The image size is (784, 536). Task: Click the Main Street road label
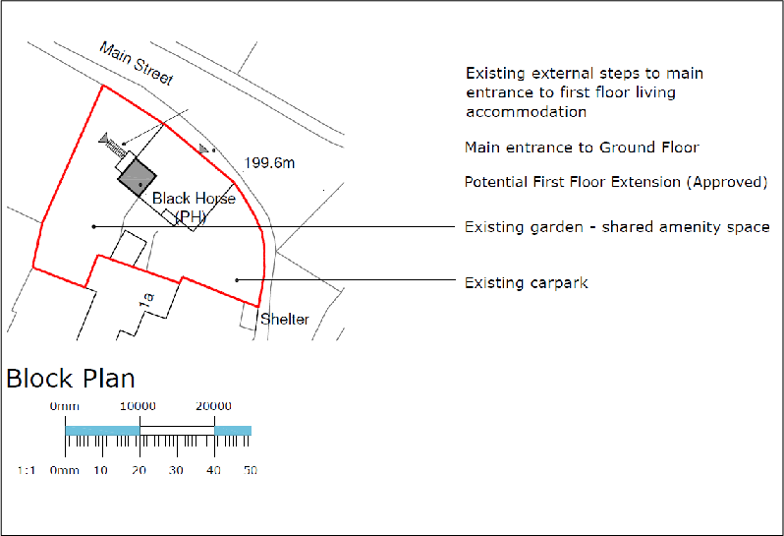pyautogui.click(x=137, y=63)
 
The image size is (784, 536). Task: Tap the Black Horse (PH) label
pyautogui.click(x=194, y=207)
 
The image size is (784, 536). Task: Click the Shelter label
pyautogui.click(x=285, y=320)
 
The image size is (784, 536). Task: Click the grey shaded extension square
pyautogui.click(x=138, y=177)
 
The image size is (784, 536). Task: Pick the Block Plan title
pyautogui.click(x=71, y=379)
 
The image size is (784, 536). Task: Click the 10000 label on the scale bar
pyautogui.click(x=138, y=406)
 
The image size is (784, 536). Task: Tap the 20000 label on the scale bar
pyautogui.click(x=213, y=406)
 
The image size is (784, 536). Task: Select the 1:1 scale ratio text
pyautogui.click(x=27, y=471)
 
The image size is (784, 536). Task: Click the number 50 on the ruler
pyautogui.click(x=251, y=471)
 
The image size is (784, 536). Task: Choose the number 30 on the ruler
pyautogui.click(x=176, y=471)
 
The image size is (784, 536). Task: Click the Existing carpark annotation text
pyautogui.click(x=526, y=283)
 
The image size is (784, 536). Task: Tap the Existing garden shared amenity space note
pyautogui.click(x=616, y=227)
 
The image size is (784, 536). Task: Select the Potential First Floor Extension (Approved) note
pyautogui.click(x=615, y=182)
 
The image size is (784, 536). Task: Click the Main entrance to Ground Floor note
pyautogui.click(x=582, y=148)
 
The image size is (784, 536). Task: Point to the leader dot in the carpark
pyautogui.click(x=236, y=280)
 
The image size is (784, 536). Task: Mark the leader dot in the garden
pyautogui.click(x=93, y=227)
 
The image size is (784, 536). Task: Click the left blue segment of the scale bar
pyautogui.click(x=102, y=431)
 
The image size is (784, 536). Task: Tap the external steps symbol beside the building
pyautogui.click(x=115, y=148)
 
